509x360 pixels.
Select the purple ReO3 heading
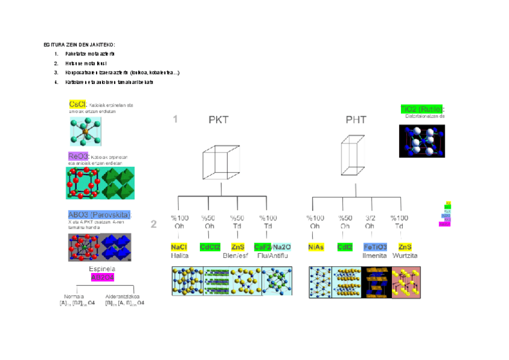pyautogui.click(x=79, y=156)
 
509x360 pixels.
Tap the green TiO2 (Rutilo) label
pyautogui.click(x=422, y=109)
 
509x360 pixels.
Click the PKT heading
pyautogui.click(x=218, y=120)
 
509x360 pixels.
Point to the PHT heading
pyautogui.click(x=356, y=120)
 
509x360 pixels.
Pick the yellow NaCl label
pyautogui.click(x=179, y=247)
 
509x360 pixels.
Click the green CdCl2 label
pyautogui.click(x=210, y=247)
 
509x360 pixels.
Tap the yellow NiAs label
pyautogui.click(x=316, y=247)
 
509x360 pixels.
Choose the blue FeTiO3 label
pyautogui.click(x=375, y=247)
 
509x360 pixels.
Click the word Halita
pyautogui.click(x=179, y=256)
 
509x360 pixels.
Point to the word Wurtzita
pyautogui.click(x=405, y=256)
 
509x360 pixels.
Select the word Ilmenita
pyautogui.click(x=375, y=256)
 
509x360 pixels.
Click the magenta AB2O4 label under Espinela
pyautogui.click(x=102, y=278)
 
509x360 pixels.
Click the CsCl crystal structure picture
pyautogui.click(x=85, y=131)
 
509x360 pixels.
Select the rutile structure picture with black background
pyautogui.click(x=423, y=140)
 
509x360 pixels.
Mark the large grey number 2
pyautogui.click(x=154, y=225)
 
